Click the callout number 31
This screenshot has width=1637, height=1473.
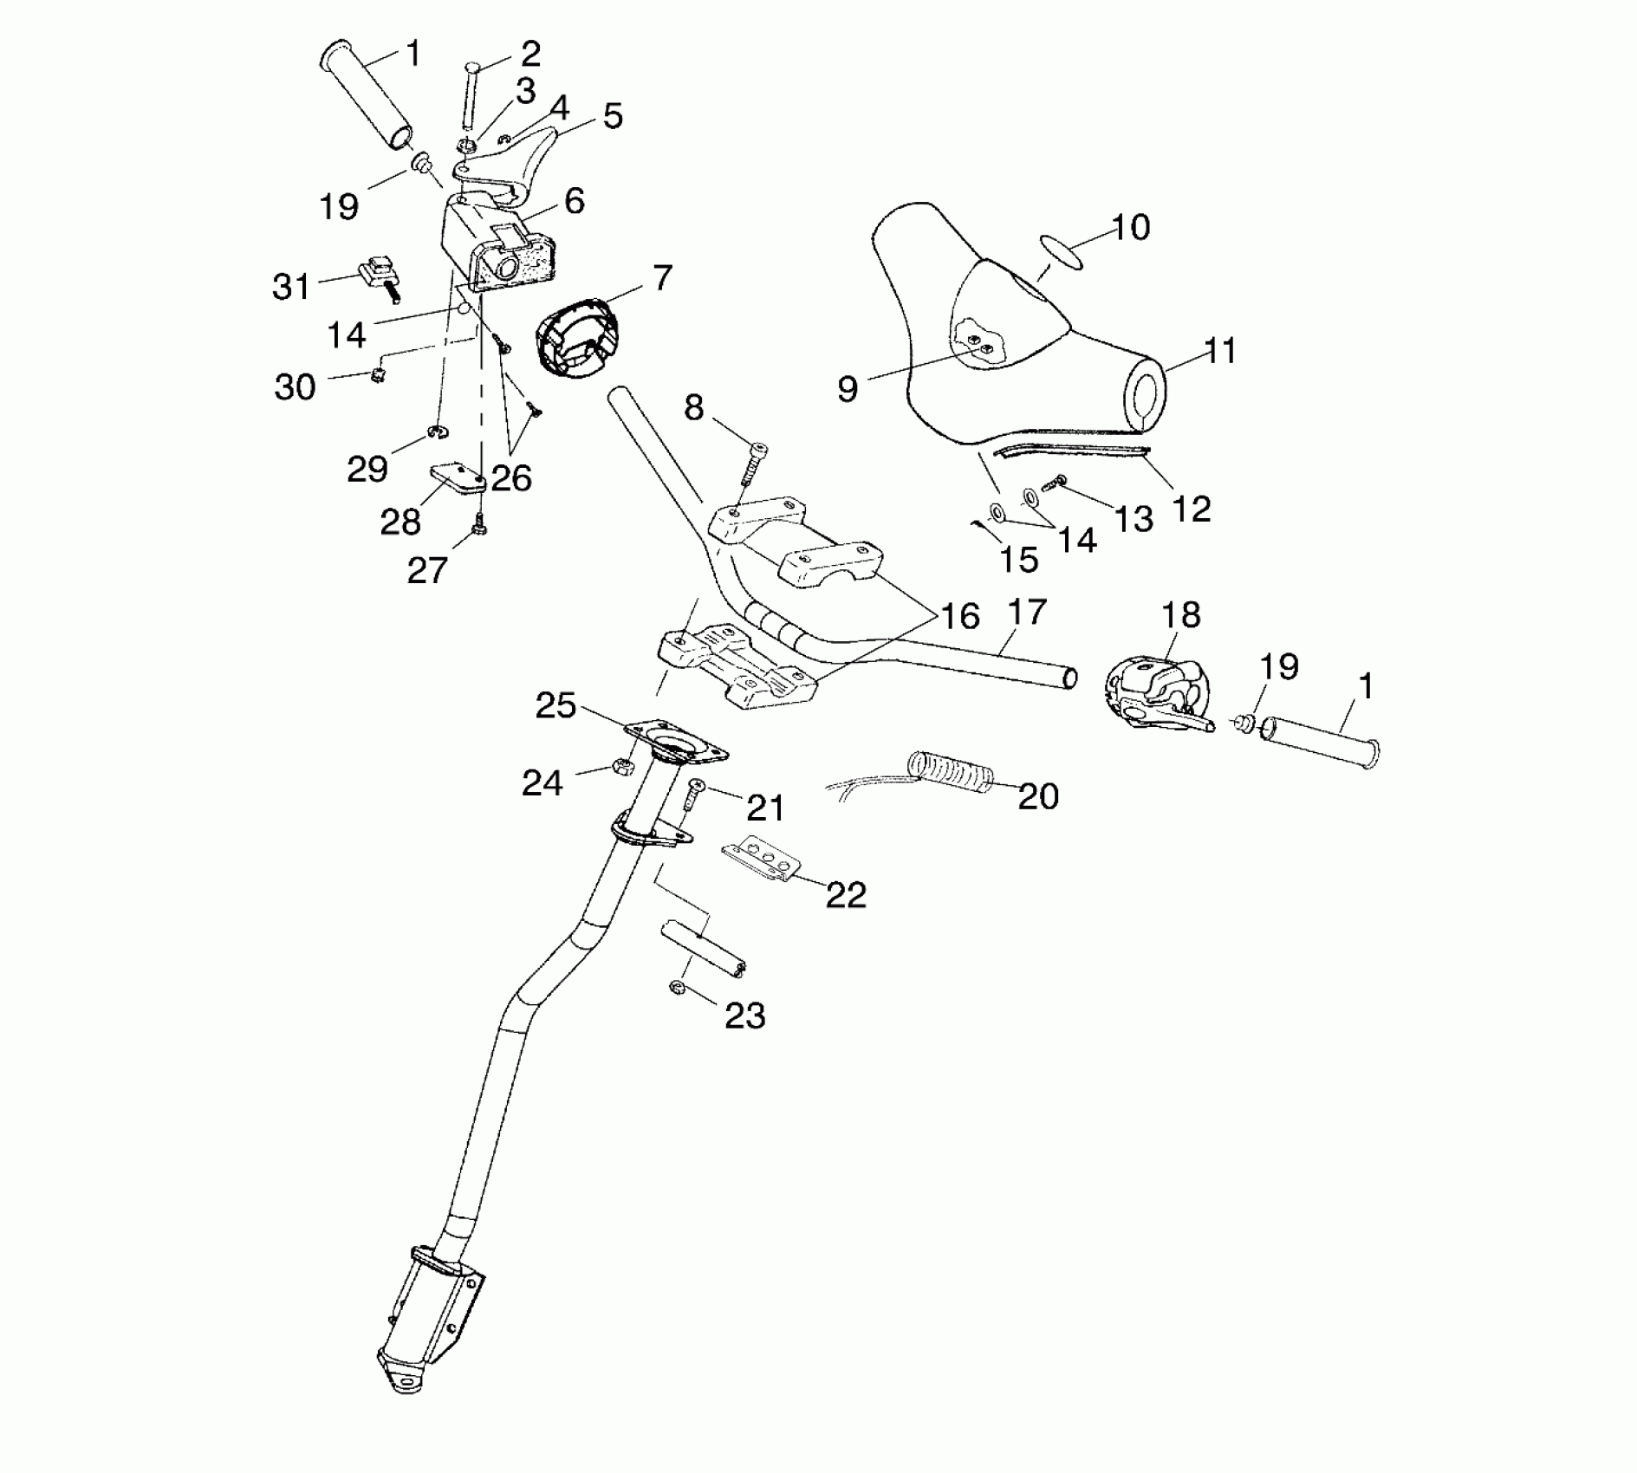[x=291, y=287]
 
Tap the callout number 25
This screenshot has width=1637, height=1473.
[x=555, y=705]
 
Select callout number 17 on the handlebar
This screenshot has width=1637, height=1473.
[x=1027, y=613]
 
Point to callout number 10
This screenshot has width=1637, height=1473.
[x=1130, y=227]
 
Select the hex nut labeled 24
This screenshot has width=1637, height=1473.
[x=620, y=766]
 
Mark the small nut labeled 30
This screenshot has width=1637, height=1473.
[x=377, y=374]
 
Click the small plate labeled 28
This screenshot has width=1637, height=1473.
[x=458, y=477]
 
